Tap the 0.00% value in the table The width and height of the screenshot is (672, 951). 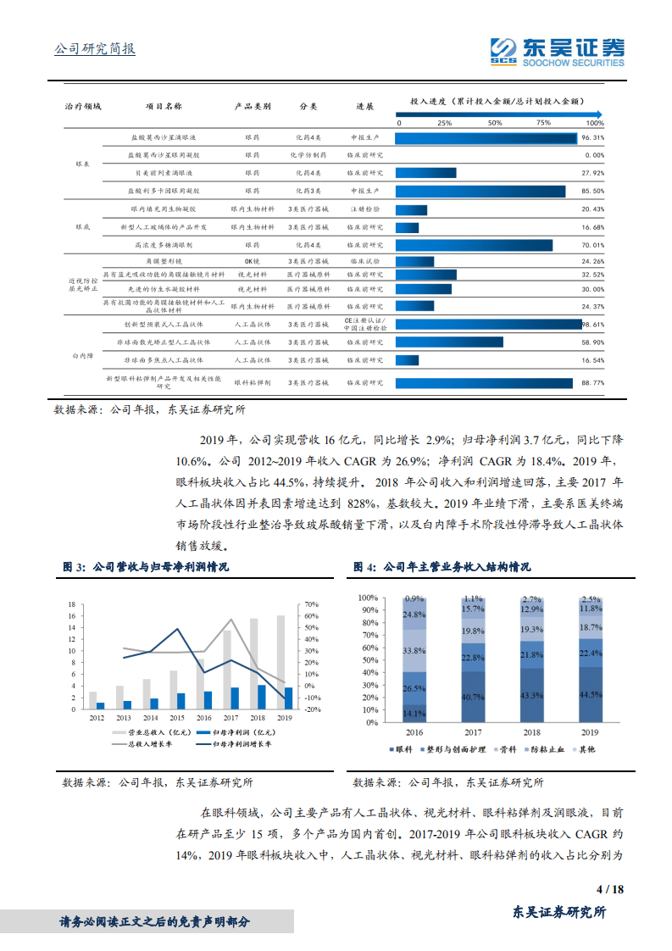(594, 155)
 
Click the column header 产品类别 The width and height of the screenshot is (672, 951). (253, 107)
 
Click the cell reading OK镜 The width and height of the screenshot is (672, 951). (253, 261)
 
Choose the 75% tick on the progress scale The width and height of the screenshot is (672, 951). (543, 123)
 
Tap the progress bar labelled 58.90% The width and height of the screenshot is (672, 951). (449, 342)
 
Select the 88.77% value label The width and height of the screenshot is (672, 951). (592, 383)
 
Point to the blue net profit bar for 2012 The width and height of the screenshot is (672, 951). (101, 705)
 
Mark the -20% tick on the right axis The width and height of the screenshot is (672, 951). (312, 709)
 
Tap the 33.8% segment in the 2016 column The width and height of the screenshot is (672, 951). (414, 651)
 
